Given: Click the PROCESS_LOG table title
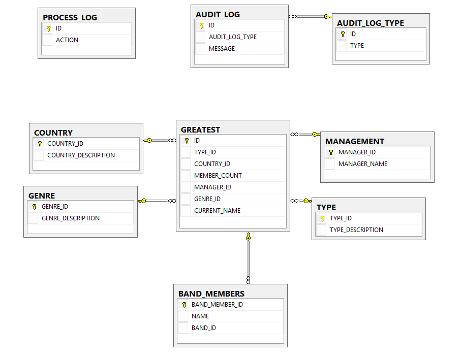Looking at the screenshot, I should tap(70, 17).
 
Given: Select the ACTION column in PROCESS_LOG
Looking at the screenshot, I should tap(67, 40).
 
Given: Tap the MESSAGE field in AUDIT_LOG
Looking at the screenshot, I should tap(222, 49).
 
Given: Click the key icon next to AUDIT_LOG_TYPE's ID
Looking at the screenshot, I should tap(343, 34).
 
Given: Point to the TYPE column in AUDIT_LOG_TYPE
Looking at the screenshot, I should tap(357, 46).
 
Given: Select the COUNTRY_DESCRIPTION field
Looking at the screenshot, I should tap(81, 155).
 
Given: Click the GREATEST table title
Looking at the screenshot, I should tap(200, 129).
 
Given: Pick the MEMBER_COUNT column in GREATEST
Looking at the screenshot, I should tap(218, 176).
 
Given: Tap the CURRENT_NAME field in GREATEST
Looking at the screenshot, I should tap(217, 211).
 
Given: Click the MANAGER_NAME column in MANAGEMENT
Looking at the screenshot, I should tap(362, 164).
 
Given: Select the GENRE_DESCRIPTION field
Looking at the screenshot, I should tap(70, 218).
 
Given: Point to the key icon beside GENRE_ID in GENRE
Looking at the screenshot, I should tap(34, 207).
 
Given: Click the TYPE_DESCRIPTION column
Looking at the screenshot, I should tap(356, 230).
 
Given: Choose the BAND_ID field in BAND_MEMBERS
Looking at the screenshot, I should tap(203, 328).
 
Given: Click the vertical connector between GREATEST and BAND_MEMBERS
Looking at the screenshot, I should tap(248, 259).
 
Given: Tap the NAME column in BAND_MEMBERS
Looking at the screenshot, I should tap(200, 316).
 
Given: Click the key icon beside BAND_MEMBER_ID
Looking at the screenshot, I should tap(184, 305).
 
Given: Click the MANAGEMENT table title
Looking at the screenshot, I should tap(354, 141).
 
